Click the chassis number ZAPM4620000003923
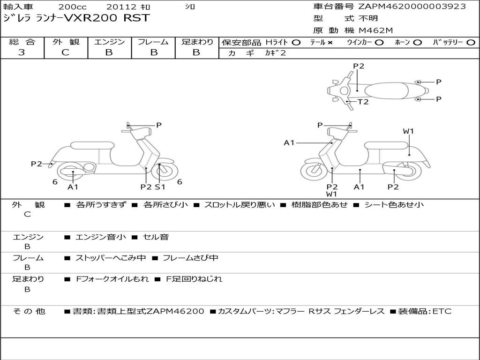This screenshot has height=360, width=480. (x=412, y=6)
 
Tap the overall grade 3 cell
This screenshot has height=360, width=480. (x=22, y=52)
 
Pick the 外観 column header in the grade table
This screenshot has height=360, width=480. (x=65, y=42)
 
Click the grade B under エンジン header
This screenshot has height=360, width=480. (x=109, y=52)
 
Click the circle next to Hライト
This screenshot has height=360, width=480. (x=296, y=42)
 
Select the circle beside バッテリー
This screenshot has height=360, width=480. (x=471, y=42)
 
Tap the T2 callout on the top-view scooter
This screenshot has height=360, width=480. (x=363, y=102)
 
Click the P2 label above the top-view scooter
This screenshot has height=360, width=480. (x=359, y=66)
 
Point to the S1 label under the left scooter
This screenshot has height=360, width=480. (x=160, y=187)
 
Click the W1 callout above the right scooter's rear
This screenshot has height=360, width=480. (x=408, y=131)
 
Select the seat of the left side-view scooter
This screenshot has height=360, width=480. (x=92, y=146)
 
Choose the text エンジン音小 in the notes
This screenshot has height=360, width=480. (x=101, y=237)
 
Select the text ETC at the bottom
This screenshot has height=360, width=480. (x=442, y=311)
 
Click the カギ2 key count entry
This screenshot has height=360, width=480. (x=275, y=53)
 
